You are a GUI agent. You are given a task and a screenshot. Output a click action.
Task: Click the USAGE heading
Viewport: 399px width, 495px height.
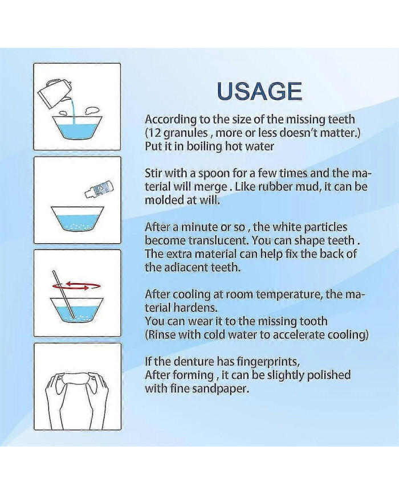[259, 91]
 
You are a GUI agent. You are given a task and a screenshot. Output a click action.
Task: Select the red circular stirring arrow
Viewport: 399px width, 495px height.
[77, 286]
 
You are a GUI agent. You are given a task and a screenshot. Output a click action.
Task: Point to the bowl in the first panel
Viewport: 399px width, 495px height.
[78, 127]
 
